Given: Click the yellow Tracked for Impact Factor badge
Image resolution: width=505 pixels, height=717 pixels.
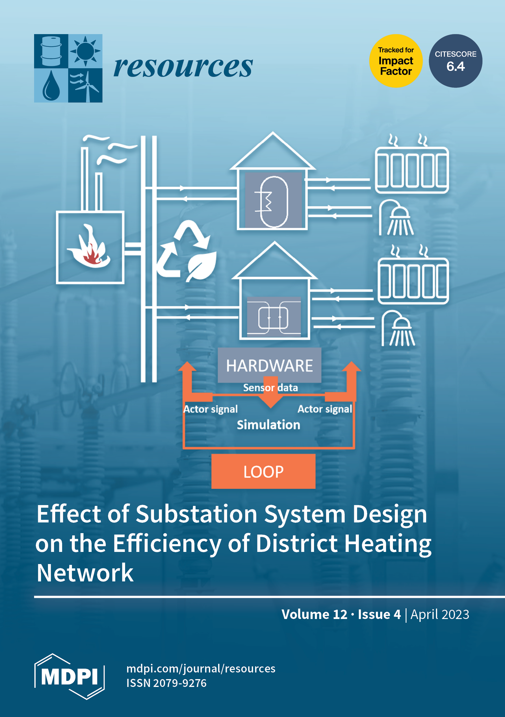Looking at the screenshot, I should (396, 61).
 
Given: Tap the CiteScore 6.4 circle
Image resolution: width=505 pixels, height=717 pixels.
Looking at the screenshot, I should (455, 61).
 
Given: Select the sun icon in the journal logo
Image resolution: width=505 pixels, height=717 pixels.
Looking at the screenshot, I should (85, 51).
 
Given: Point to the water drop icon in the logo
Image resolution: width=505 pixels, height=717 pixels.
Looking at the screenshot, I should (51, 86).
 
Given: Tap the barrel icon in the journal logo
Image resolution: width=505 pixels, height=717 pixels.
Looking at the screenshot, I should (51, 51).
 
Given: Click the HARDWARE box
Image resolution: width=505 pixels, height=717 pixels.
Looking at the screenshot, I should (269, 365).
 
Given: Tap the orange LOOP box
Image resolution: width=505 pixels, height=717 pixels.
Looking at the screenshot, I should (263, 471).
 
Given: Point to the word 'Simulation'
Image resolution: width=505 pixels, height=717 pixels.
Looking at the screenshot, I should (268, 425).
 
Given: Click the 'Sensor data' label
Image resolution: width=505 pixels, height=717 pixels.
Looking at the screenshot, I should (270, 387).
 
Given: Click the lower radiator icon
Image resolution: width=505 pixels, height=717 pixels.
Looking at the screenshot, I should (413, 281).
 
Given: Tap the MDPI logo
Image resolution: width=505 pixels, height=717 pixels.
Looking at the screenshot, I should (69, 676).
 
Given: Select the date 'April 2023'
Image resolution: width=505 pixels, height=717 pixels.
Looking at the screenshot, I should (439, 615).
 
